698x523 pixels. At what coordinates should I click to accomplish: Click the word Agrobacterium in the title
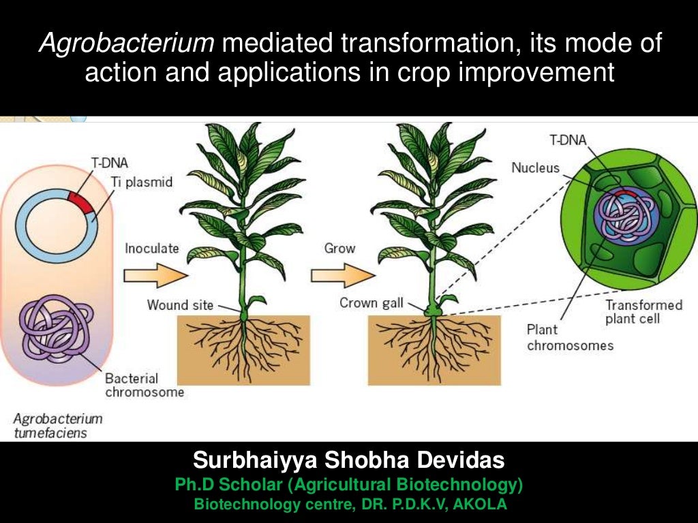click(x=127, y=44)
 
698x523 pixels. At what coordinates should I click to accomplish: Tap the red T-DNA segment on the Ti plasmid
click(x=80, y=202)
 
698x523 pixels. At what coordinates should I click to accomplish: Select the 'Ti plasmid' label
click(x=140, y=183)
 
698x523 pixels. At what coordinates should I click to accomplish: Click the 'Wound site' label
click(x=180, y=304)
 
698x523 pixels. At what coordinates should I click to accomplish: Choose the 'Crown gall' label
click(x=371, y=303)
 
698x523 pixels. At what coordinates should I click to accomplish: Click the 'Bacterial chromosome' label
click(x=144, y=385)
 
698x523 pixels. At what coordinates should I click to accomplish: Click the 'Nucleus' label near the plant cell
click(x=535, y=168)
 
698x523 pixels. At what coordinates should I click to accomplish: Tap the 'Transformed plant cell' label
click(x=643, y=312)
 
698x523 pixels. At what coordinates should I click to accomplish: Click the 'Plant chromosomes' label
click(x=570, y=338)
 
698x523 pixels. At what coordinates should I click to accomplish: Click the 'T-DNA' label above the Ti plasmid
click(x=110, y=163)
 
